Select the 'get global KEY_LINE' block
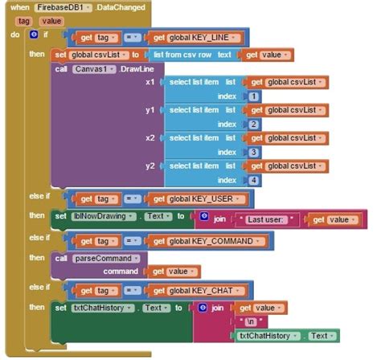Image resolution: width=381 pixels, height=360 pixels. pos(197,38)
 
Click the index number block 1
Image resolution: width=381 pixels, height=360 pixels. pos(254,96)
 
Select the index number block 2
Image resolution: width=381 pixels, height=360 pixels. pos(254,125)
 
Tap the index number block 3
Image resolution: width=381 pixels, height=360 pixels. pos(254,152)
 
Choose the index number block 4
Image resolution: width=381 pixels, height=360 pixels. pos(254,180)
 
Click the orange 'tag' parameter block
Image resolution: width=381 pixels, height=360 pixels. pos(24,21)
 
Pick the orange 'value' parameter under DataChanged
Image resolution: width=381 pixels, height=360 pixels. pos(51,21)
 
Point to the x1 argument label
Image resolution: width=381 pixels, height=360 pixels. pos(150,82)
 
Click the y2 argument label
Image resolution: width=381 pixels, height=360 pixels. pos(150,166)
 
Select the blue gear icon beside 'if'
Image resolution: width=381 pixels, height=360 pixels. pos(33,35)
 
